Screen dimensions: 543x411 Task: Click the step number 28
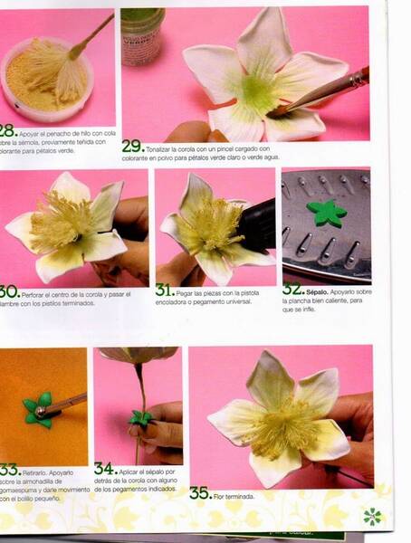click(7, 130)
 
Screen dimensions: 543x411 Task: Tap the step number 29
click(131, 146)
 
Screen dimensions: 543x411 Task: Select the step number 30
click(8, 291)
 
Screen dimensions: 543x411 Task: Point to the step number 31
click(164, 291)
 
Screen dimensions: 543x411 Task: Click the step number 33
click(8, 470)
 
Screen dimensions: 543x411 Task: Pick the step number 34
click(104, 469)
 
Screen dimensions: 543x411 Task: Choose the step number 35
click(200, 492)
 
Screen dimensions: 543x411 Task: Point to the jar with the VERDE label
click(143, 27)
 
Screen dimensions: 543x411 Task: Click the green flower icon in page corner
click(372, 517)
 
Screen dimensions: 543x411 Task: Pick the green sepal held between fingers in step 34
click(140, 418)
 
